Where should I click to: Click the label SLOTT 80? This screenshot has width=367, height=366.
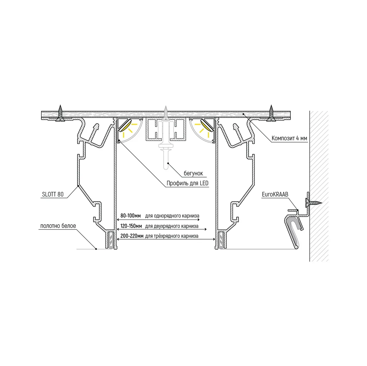coord(53,194)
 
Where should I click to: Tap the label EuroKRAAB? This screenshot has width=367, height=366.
coord(275,194)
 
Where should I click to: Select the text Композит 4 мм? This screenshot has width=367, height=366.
coord(289,138)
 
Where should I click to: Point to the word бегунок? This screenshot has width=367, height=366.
coord(193,173)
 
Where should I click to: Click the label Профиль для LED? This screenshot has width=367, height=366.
coord(188,183)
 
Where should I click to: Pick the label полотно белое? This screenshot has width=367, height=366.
coord(58,226)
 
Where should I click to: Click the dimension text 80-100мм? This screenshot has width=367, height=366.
coord(131,216)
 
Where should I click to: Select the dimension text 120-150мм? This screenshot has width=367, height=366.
coord(131,226)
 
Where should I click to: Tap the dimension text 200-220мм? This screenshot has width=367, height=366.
coord(132,236)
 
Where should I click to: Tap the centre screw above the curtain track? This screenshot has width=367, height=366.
coord(166,113)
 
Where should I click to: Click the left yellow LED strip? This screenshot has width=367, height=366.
coord(126,125)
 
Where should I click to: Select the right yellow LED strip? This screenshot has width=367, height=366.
coord(206,125)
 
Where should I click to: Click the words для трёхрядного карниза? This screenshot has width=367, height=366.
coord(172,236)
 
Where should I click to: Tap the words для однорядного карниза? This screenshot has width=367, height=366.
coord(172,216)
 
